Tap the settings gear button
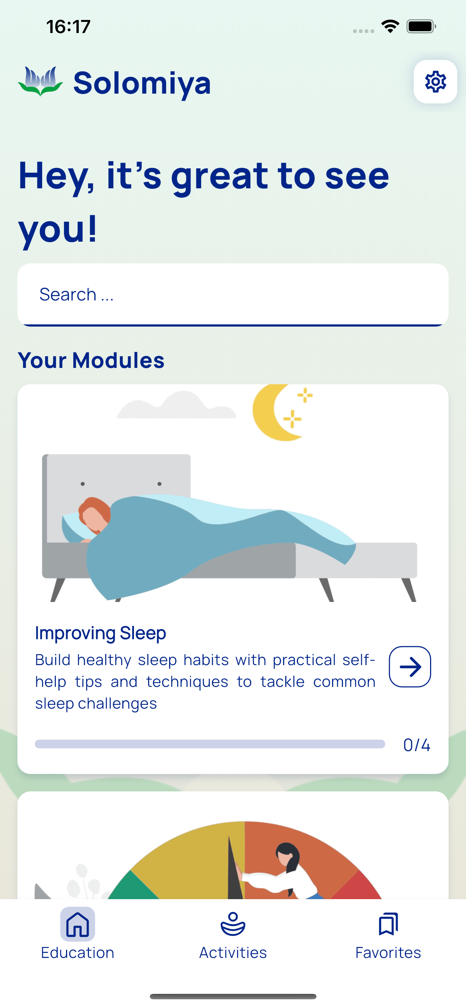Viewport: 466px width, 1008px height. pyautogui.click(x=435, y=82)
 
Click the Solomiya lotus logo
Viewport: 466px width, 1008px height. pyautogui.click(x=40, y=81)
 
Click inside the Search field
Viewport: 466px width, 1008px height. pyautogui.click(x=233, y=294)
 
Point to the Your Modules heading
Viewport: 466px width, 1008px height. pyautogui.click(x=91, y=360)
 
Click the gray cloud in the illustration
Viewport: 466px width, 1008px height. pyautogui.click(x=176, y=405)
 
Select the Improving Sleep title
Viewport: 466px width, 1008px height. pyautogui.click(x=101, y=633)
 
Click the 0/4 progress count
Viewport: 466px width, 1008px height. pyautogui.click(x=417, y=745)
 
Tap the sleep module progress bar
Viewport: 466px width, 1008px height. pyautogui.click(x=210, y=744)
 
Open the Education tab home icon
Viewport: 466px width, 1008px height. pyautogui.click(x=77, y=924)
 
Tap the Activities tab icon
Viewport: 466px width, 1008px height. pyautogui.click(x=233, y=924)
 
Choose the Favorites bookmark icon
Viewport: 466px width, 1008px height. pyautogui.click(x=388, y=924)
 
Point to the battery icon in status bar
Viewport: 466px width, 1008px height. pyautogui.click(x=421, y=26)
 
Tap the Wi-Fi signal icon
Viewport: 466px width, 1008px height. pyautogui.click(x=390, y=26)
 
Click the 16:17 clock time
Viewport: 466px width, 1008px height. pyautogui.click(x=69, y=26)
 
